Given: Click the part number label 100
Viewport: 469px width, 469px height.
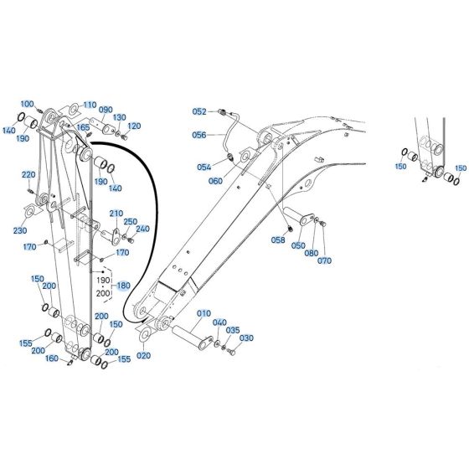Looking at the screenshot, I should point(28,104).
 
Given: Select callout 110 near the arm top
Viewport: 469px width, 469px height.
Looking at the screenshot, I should point(90,105).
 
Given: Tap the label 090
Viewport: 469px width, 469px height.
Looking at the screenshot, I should point(106,110).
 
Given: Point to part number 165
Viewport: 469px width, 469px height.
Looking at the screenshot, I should point(84,127).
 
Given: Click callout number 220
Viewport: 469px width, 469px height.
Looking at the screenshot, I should point(28,174).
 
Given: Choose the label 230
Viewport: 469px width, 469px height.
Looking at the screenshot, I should point(19,230).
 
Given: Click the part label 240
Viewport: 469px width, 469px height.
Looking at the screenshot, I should point(142,229).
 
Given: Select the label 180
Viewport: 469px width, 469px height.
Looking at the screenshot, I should point(125,285).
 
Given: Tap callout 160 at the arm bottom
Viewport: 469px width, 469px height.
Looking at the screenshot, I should point(52,359).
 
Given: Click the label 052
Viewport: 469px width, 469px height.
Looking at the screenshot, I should point(199,111).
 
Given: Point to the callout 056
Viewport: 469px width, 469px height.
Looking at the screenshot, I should point(199,134).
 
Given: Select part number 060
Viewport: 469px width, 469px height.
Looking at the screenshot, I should point(216,181).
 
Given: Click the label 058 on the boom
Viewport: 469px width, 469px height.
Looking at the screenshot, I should point(278,240).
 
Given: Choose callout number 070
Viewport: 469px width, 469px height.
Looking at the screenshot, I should point(324,260).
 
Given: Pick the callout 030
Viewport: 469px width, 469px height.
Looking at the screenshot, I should point(246,338).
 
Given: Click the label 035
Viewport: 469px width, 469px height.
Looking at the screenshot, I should point(233,330).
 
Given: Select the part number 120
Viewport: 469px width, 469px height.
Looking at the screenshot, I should point(134,125).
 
